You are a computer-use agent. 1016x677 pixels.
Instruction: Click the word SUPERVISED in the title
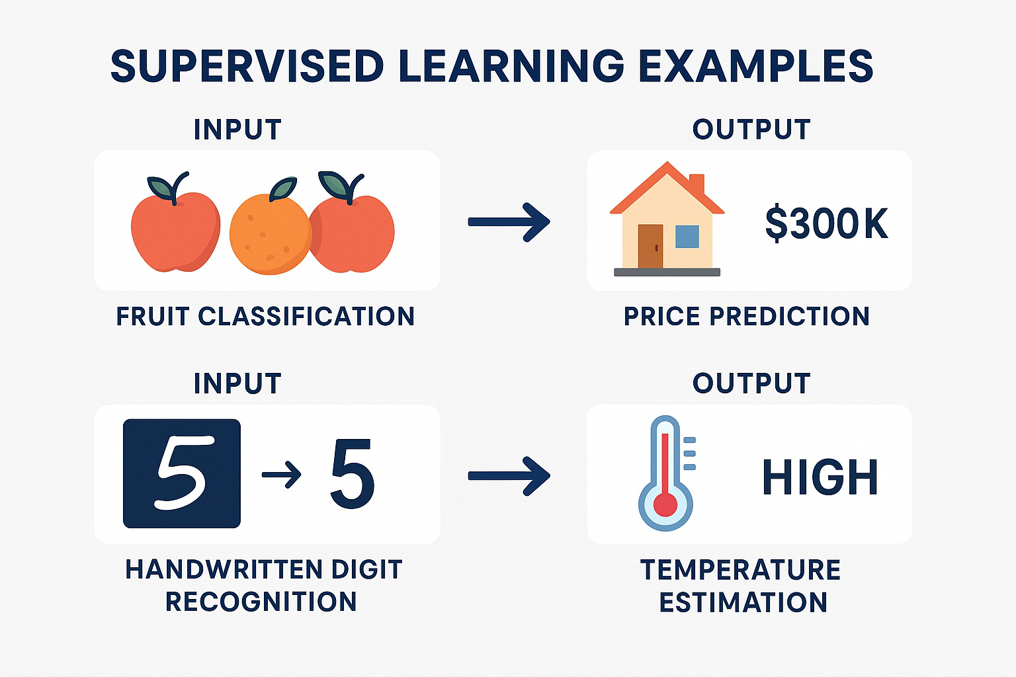click(x=247, y=66)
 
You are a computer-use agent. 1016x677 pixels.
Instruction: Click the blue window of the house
click(x=687, y=236)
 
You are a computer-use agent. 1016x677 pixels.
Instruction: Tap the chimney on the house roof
click(x=697, y=184)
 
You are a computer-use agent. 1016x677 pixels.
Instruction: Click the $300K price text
click(x=826, y=223)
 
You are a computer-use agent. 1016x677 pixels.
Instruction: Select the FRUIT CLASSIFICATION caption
click(x=265, y=316)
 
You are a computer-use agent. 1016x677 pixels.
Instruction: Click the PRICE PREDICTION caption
click(x=747, y=316)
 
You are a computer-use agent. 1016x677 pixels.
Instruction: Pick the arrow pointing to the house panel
click(x=509, y=221)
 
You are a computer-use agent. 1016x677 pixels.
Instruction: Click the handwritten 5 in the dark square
click(x=183, y=473)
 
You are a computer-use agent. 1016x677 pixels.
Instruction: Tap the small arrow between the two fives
click(x=282, y=475)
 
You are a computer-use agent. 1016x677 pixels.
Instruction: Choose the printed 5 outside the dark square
click(x=353, y=474)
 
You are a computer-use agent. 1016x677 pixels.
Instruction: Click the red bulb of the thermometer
click(x=665, y=504)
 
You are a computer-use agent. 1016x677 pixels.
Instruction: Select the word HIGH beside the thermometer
click(x=820, y=477)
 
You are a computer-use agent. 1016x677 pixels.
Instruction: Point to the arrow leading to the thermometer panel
click(x=509, y=475)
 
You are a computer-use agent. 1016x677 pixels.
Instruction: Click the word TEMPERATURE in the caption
click(x=740, y=570)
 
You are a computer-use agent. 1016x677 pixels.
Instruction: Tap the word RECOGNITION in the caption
click(x=261, y=602)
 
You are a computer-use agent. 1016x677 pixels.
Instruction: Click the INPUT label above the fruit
click(x=237, y=130)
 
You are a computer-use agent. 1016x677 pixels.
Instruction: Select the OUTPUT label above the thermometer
click(x=751, y=383)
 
